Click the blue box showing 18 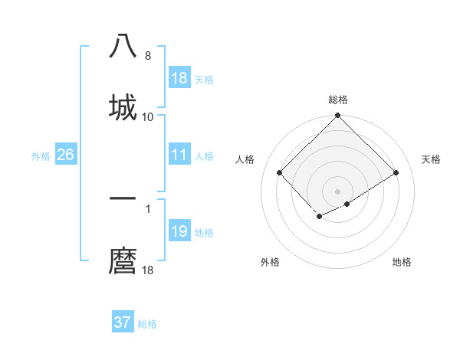coord(179,78)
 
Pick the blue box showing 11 coord(179,155)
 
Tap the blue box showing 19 coord(179,231)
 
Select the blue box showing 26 coord(65,155)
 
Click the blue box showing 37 coord(123,322)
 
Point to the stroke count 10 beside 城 coord(148,116)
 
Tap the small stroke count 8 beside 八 coord(148,56)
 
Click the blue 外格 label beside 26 coord(41,155)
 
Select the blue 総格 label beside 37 coord(147,323)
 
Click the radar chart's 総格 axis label coord(338,100)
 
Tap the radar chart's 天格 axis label coord(431,159)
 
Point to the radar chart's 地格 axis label coord(402,262)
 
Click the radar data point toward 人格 coord(280,172)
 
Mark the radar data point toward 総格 coord(338,116)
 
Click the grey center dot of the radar coord(338,191)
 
